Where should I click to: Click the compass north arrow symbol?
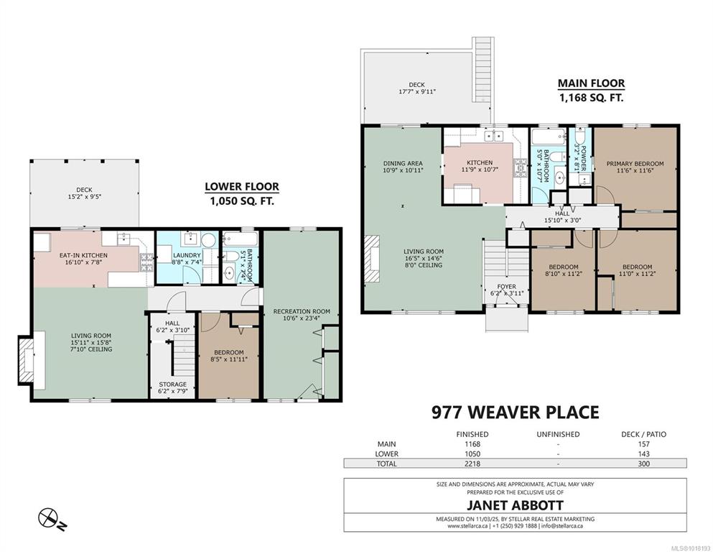[51, 518]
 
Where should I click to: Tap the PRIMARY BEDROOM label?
[635, 163]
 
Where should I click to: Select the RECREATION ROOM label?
[302, 311]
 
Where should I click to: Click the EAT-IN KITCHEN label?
[84, 255]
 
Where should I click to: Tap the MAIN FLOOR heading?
[591, 83]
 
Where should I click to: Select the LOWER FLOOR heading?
[242, 186]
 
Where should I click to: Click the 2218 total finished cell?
[472, 464]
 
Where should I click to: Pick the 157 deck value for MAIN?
[643, 443]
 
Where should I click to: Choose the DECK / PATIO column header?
[643, 434]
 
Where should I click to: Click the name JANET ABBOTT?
[516, 505]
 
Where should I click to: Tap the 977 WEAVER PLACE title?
[516, 413]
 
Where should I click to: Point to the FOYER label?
[506, 286]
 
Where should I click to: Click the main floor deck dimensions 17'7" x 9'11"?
[416, 91]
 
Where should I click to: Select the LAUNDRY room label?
[187, 255]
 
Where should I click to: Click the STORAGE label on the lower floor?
[172, 384]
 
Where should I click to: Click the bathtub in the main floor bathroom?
[549, 137]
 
